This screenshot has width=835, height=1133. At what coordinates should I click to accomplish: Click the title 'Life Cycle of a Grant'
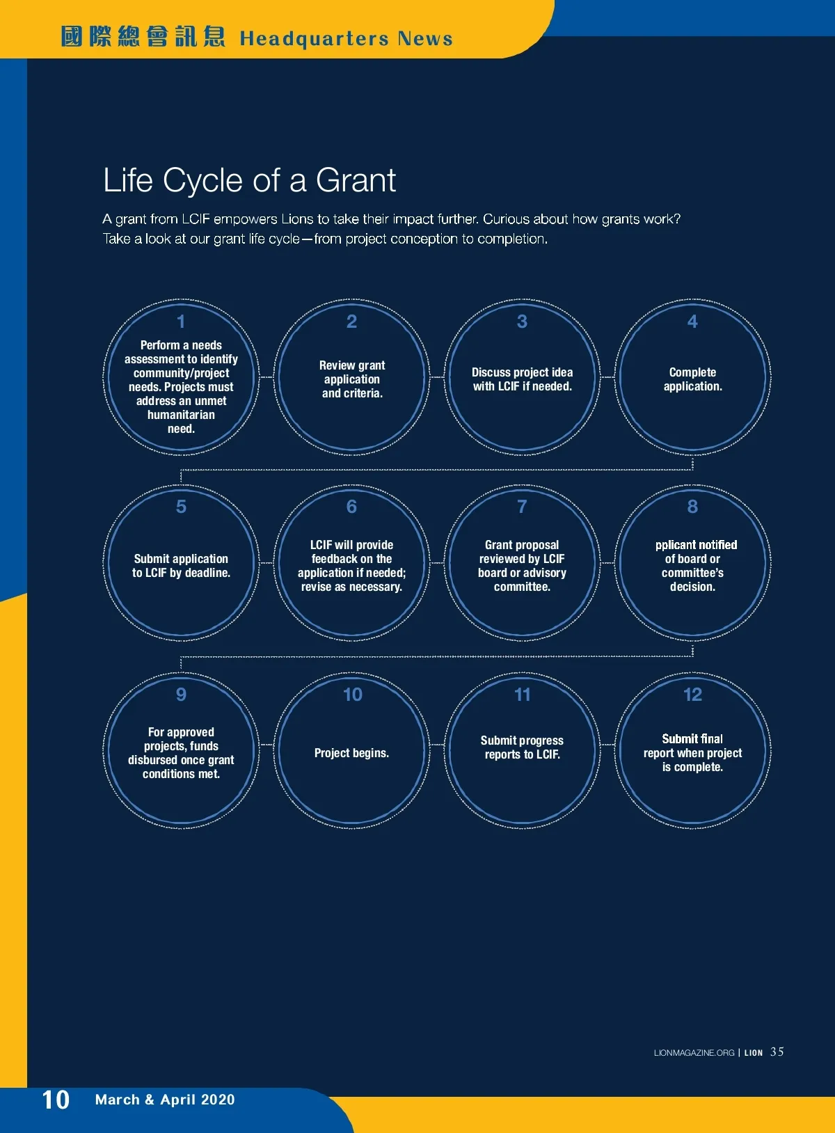[249, 180]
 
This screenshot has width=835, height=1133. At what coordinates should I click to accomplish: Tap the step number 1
[180, 322]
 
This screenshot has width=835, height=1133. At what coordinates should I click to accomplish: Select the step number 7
[522, 507]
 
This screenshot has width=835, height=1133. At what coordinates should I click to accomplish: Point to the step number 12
[692, 695]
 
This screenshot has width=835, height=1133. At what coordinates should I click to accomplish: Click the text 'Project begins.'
[351, 753]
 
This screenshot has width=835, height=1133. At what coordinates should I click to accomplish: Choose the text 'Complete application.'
[692, 379]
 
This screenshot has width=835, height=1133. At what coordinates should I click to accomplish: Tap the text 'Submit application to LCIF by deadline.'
[181, 566]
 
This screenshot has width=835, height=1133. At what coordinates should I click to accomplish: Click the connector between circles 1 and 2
[266, 377]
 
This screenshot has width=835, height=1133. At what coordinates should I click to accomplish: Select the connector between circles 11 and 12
[607, 745]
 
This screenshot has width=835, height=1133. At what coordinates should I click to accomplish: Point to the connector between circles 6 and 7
[437, 563]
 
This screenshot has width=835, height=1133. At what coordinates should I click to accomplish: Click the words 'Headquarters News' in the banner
[347, 39]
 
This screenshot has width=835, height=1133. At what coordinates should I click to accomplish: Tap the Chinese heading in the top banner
[143, 38]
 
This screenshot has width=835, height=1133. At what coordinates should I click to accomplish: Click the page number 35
[777, 1052]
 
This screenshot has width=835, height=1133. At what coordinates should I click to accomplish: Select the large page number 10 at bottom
[56, 1100]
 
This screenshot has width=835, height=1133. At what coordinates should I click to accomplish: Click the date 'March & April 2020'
[165, 1100]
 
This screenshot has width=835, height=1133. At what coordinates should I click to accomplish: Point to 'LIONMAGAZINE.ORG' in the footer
[694, 1052]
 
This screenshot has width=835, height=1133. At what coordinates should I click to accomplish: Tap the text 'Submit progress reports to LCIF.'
[522, 747]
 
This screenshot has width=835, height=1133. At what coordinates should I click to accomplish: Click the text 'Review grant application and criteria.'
[352, 379]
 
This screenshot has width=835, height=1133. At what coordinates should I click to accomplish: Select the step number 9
[181, 695]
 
